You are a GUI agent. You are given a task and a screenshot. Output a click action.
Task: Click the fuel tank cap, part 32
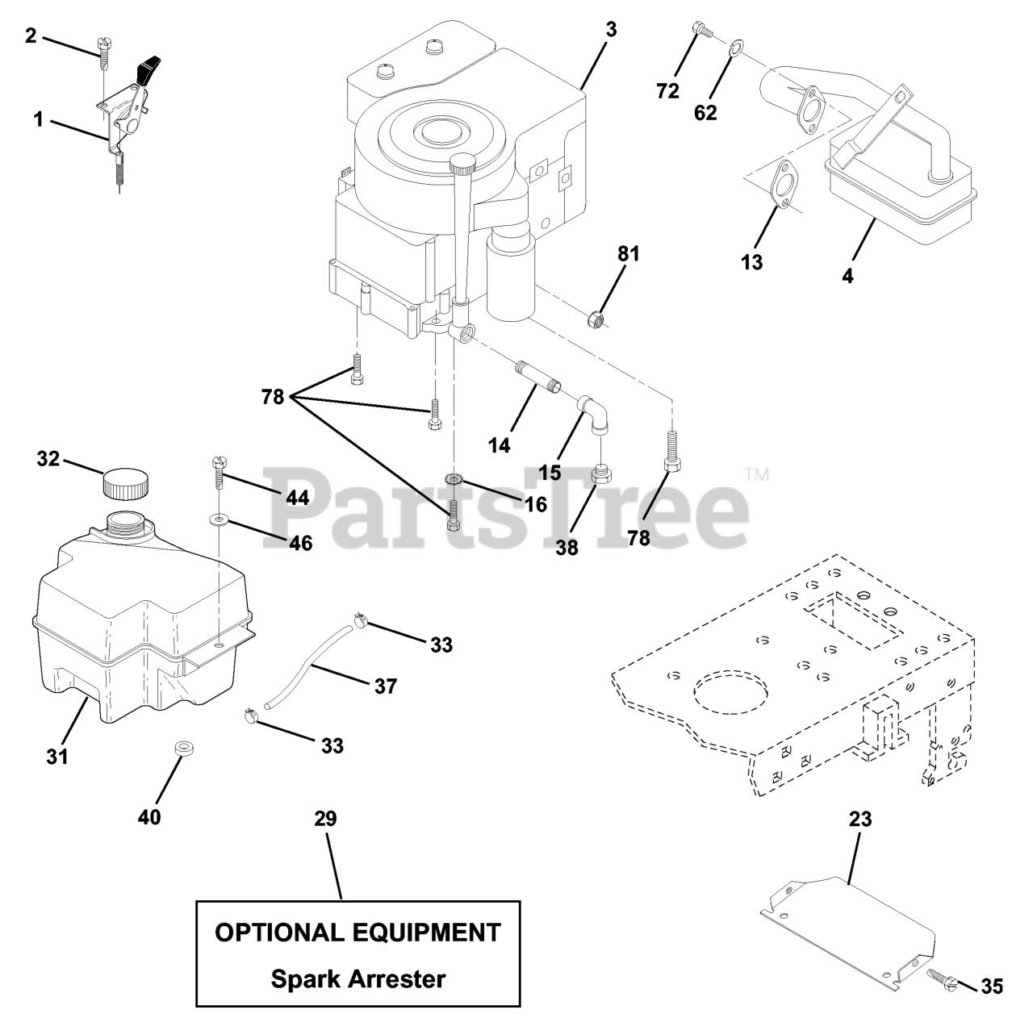126,484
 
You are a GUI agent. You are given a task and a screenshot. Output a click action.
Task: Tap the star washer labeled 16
454,481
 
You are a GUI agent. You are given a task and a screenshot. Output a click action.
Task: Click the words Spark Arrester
358,979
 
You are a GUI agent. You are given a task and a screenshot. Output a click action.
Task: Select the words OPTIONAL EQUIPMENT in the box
358,932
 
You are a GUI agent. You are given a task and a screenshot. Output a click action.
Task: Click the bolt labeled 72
701,31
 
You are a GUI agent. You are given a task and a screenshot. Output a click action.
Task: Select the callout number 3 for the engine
610,29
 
